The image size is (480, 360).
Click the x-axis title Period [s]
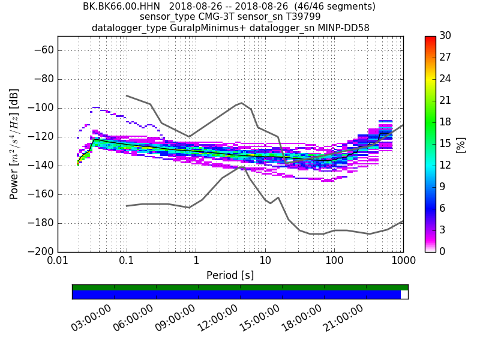(x=230, y=275)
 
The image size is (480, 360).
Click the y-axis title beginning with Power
(x=14, y=144)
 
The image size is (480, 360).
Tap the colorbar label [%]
(x=461, y=144)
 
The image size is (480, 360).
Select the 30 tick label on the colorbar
(x=446, y=36)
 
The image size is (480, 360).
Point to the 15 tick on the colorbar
(x=446, y=144)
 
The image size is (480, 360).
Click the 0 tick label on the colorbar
(x=443, y=251)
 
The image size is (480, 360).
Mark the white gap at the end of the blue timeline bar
(x=404, y=295)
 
